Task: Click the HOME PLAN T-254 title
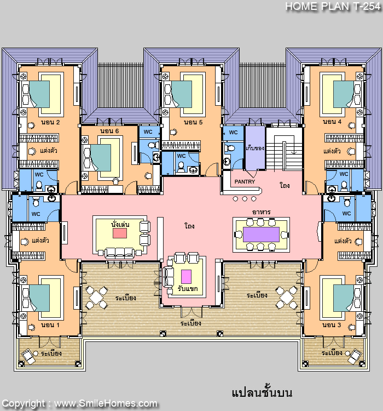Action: coord(333,6)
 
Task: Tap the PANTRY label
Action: coord(245,181)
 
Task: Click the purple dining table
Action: coord(261,235)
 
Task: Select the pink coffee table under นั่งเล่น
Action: coord(120,233)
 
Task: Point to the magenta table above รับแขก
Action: coord(186,277)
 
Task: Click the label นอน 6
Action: coord(109,131)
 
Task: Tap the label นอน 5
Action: coord(193,122)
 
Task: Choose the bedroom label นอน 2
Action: coord(50,122)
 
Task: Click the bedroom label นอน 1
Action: coord(50,325)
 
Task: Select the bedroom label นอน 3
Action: coord(332,325)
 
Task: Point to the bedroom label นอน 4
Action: coord(332,122)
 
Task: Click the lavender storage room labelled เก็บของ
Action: coord(255,147)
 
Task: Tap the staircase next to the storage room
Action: coord(285,149)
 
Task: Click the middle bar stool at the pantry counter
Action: coord(245,199)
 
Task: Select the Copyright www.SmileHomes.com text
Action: coord(79,404)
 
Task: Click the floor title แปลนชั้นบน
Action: coord(262,393)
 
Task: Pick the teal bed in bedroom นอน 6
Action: coord(101,158)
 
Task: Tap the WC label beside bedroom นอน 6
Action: coord(148,132)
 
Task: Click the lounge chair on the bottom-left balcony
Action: coord(28,357)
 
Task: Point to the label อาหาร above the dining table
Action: coord(262,212)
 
